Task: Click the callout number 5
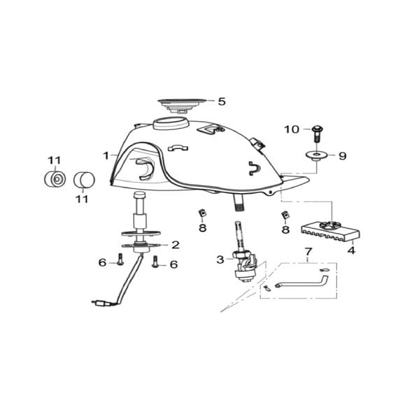(222, 101)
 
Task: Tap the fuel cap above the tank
(183, 104)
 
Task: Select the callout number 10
(291, 129)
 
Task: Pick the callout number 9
(342, 157)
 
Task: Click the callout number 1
(106, 155)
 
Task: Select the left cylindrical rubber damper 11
(54, 179)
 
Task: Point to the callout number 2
(176, 245)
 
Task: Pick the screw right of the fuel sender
(155, 263)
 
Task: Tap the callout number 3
(220, 260)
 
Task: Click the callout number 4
(351, 250)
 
